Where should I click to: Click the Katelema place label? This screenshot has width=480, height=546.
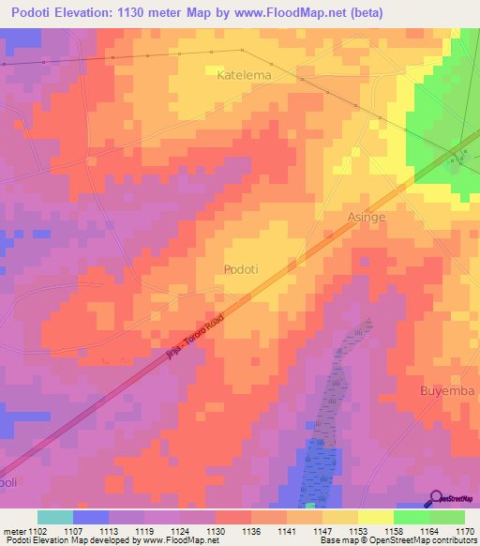[244, 74]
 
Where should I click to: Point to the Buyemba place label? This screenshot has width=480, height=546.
[447, 390]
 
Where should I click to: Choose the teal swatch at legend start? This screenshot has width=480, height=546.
[54, 517]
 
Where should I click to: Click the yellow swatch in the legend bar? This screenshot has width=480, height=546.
[375, 517]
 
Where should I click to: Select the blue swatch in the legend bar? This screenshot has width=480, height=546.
[90, 517]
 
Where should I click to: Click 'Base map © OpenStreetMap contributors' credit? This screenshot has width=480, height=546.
[397, 540]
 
